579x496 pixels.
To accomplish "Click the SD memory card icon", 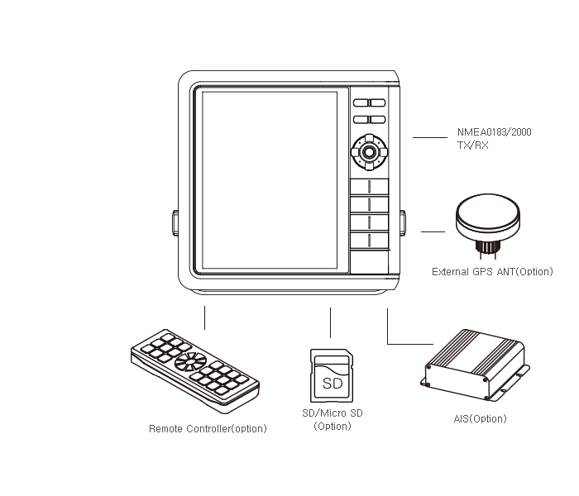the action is tap(332, 375).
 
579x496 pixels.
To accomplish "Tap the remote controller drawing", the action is tap(195, 370).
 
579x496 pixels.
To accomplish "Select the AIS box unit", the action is tap(476, 365).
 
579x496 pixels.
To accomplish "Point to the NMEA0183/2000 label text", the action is tap(494, 132).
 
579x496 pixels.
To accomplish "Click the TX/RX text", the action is tap(473, 145).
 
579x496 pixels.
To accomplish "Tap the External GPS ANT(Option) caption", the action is tap(492, 272).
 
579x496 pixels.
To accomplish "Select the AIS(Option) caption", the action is tap(480, 418).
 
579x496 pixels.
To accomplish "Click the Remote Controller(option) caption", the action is tap(208, 428).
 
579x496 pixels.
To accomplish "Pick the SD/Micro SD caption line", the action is tap(333, 413).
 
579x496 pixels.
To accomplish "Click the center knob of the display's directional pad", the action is tap(369, 151).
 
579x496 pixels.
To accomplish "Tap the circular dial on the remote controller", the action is tap(190, 361).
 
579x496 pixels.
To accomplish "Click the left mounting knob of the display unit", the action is tap(175, 223).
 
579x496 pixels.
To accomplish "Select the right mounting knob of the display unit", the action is tap(402, 223).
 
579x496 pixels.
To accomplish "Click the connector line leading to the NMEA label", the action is tap(430, 138).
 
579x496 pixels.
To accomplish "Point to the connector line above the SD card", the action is tap(330, 322).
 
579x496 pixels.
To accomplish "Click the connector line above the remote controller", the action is tap(204, 317).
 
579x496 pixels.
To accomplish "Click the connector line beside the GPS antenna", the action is tap(433, 231).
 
